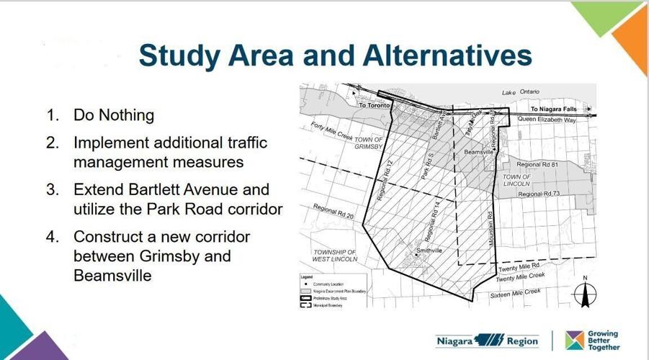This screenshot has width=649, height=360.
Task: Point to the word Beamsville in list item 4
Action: [112, 275]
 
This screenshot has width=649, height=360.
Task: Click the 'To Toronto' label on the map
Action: [375, 105]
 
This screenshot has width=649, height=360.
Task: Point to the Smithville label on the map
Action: [429, 251]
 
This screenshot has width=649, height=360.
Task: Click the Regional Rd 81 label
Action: [538, 165]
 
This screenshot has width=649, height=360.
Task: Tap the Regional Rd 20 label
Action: [334, 212]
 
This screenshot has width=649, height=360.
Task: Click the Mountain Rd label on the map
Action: [491, 232]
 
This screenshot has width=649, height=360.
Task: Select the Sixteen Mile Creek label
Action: [515, 293]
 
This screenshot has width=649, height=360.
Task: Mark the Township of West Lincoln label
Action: [335, 256]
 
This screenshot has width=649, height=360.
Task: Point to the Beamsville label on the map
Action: [478, 153]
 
